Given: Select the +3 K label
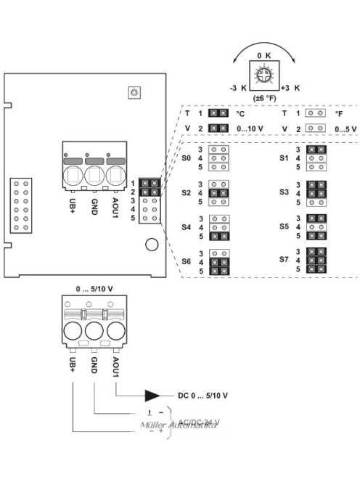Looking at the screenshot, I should pyautogui.click(x=290, y=87).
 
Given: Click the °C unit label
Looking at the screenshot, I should pyautogui.click(x=241, y=113).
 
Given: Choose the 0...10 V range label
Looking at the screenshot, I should pyautogui.click(x=250, y=128).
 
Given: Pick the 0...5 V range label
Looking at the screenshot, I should pyautogui.click(x=345, y=128).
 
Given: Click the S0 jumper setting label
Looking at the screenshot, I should pyautogui.click(x=187, y=157).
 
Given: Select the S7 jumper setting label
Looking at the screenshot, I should pyautogui.click(x=284, y=259).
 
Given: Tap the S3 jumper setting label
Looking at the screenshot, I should pyautogui.click(x=284, y=191).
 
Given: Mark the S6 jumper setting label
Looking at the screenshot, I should pyautogui.click(x=187, y=261).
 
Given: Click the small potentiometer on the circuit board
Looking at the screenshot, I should pyautogui.click(x=133, y=92).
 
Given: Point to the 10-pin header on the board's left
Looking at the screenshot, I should pyautogui.click(x=20, y=205).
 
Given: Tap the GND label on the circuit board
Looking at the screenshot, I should pyautogui.click(x=94, y=206).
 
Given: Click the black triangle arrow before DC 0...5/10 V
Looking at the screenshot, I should pyautogui.click(x=153, y=396).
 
